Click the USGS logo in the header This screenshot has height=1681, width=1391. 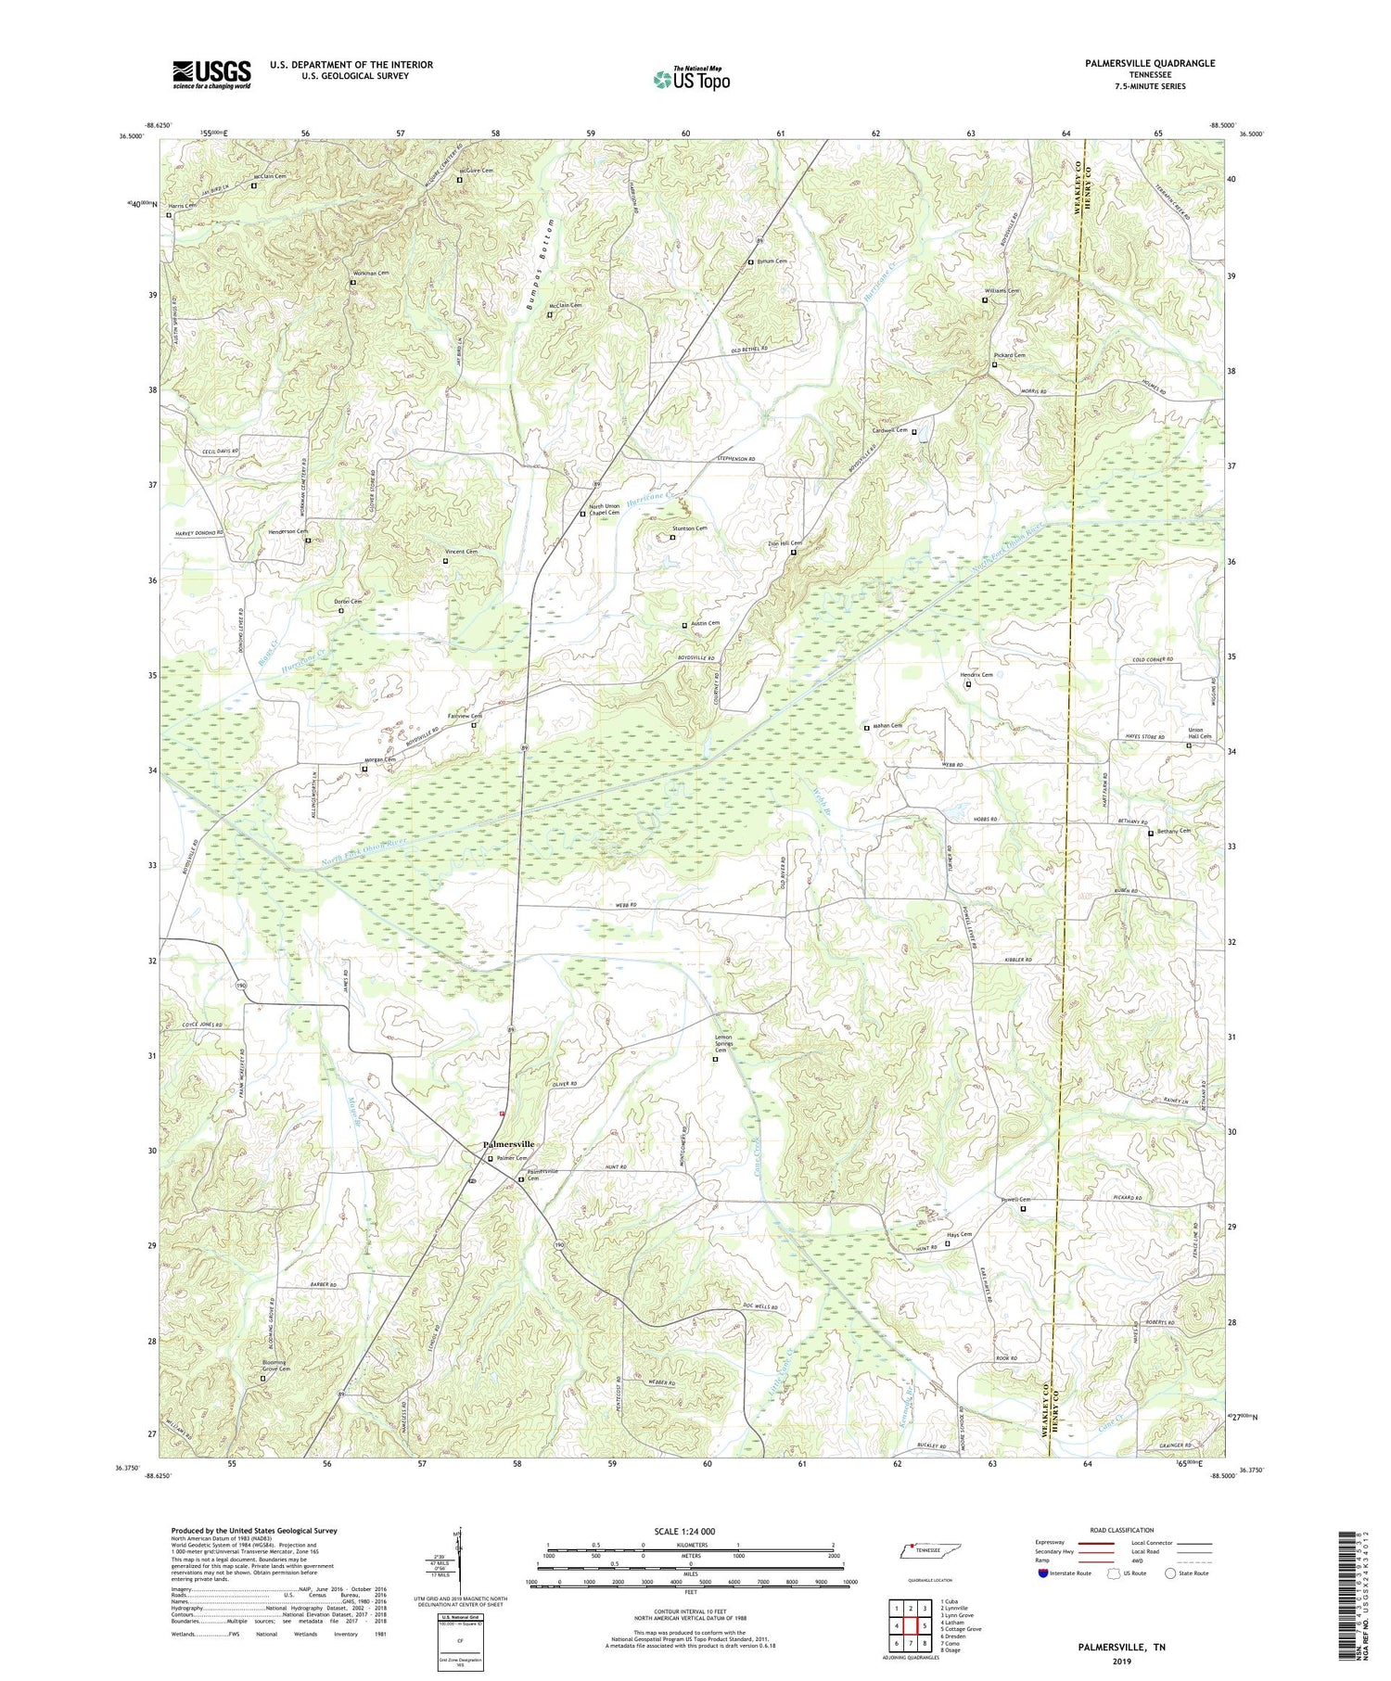(211, 74)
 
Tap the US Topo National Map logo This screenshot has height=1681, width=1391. (691, 80)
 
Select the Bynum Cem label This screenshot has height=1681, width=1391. (772, 261)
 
